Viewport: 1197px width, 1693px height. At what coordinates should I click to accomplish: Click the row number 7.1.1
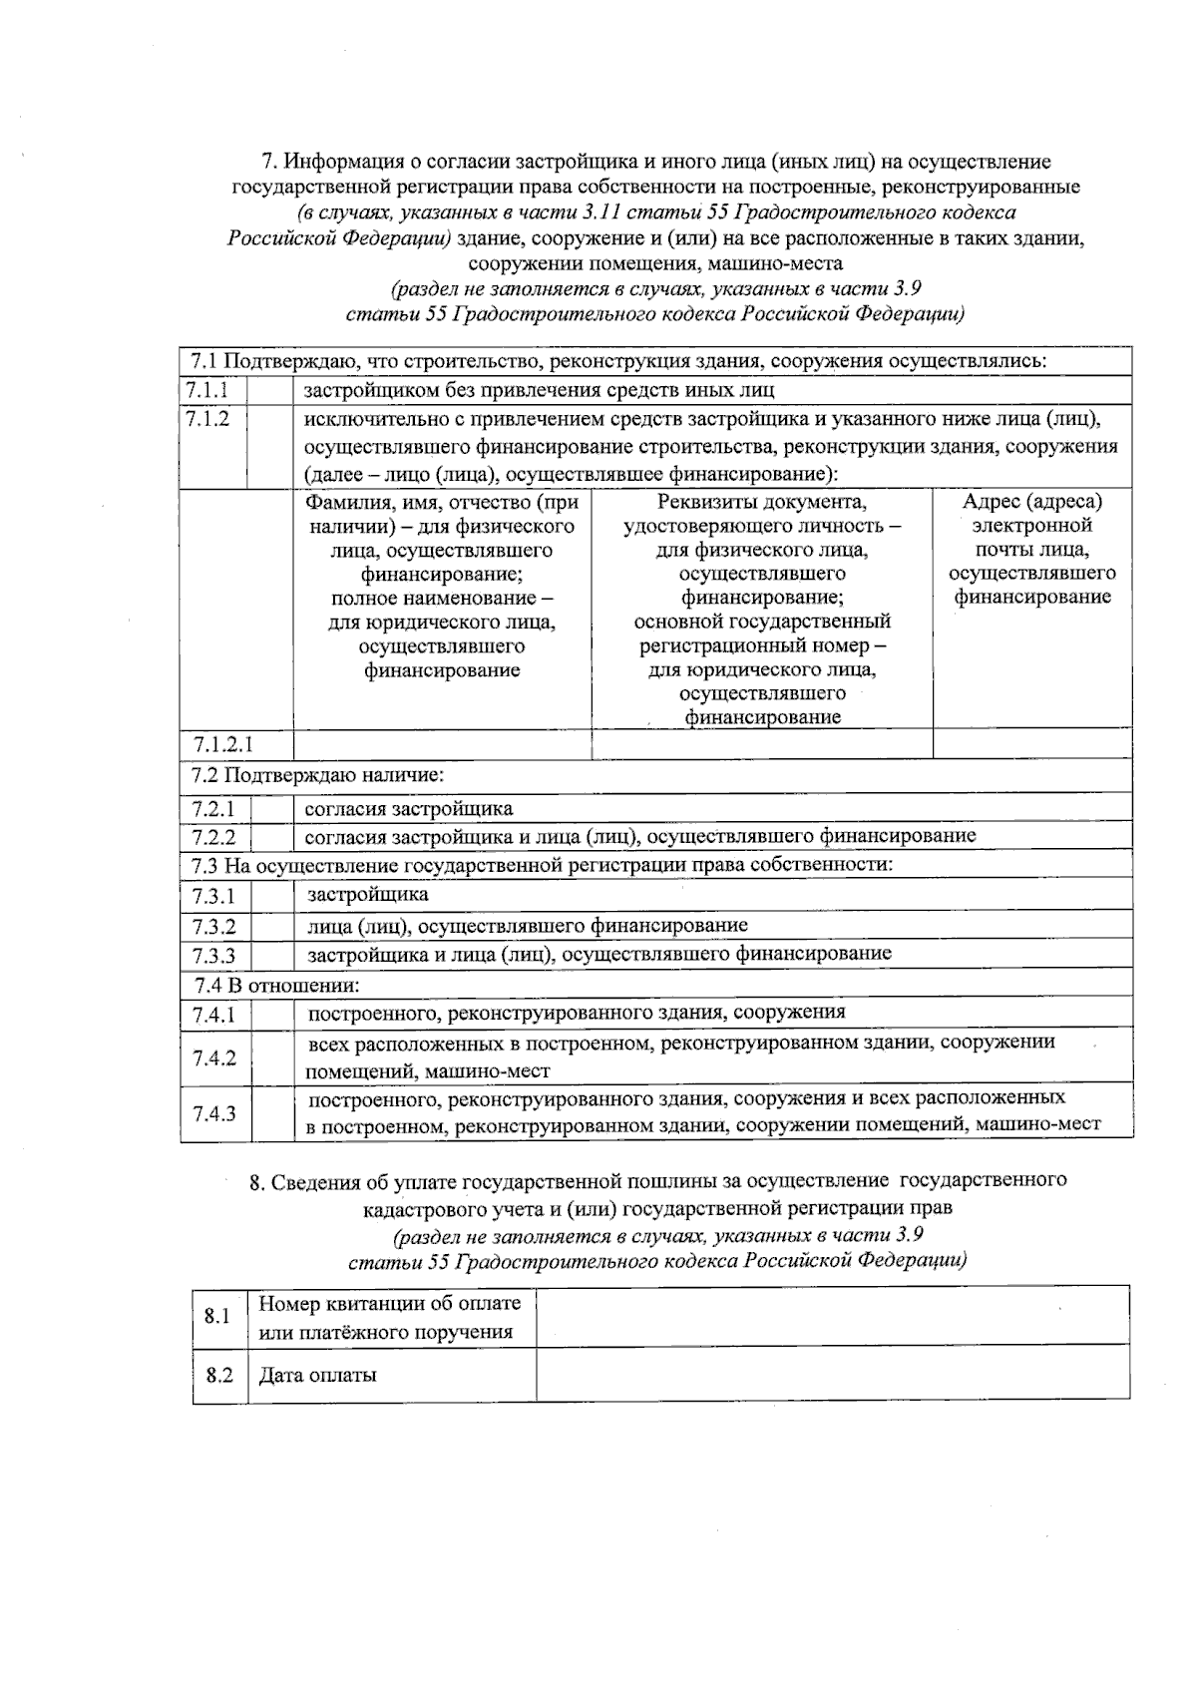pos(207,390)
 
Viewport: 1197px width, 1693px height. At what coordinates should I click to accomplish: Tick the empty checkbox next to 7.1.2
pos(269,446)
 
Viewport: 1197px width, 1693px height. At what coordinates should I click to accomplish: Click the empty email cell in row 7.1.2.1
pos(1031,744)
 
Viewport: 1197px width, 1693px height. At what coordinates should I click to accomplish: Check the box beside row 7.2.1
pos(271,809)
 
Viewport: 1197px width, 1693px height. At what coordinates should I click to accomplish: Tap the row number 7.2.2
pos(214,837)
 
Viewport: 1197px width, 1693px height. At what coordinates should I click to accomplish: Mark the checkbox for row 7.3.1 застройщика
pos(271,896)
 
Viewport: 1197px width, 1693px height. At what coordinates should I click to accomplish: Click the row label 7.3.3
pos(214,956)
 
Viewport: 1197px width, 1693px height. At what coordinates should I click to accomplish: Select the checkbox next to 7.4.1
pos(271,1015)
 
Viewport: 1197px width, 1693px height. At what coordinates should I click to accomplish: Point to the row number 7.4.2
pos(214,1058)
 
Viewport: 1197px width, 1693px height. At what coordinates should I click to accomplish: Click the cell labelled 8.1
pos(218,1316)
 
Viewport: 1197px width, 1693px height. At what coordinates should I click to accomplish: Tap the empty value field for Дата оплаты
pos(832,1375)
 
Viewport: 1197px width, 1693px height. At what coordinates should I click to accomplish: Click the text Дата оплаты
pos(318,1375)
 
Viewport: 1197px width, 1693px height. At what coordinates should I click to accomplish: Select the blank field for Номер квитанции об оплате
pos(832,1316)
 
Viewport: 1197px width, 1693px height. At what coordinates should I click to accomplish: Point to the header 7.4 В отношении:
pos(277,985)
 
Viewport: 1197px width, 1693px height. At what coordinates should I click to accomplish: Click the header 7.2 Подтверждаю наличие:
pos(317,775)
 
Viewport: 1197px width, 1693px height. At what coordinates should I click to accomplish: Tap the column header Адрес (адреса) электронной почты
pos(1031,549)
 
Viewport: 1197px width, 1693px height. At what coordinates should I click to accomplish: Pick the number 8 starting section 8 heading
pos(255,1181)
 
